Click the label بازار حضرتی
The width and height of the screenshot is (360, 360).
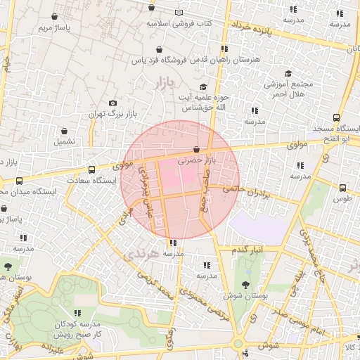(195, 161)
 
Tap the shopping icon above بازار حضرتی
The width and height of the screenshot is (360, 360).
(196, 149)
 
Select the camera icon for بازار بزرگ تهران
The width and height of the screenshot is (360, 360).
(113, 103)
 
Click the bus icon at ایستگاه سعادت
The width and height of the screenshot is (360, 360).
(91, 169)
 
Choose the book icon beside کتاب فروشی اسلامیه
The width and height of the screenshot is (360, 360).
(180, 13)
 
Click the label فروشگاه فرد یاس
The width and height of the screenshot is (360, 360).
(160, 61)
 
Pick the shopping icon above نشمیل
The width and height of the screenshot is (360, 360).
(65, 131)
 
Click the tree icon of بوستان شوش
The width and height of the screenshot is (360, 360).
(245, 285)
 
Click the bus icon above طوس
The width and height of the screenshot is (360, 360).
(343, 188)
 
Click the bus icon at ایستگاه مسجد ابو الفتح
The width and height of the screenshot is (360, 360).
(337, 118)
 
